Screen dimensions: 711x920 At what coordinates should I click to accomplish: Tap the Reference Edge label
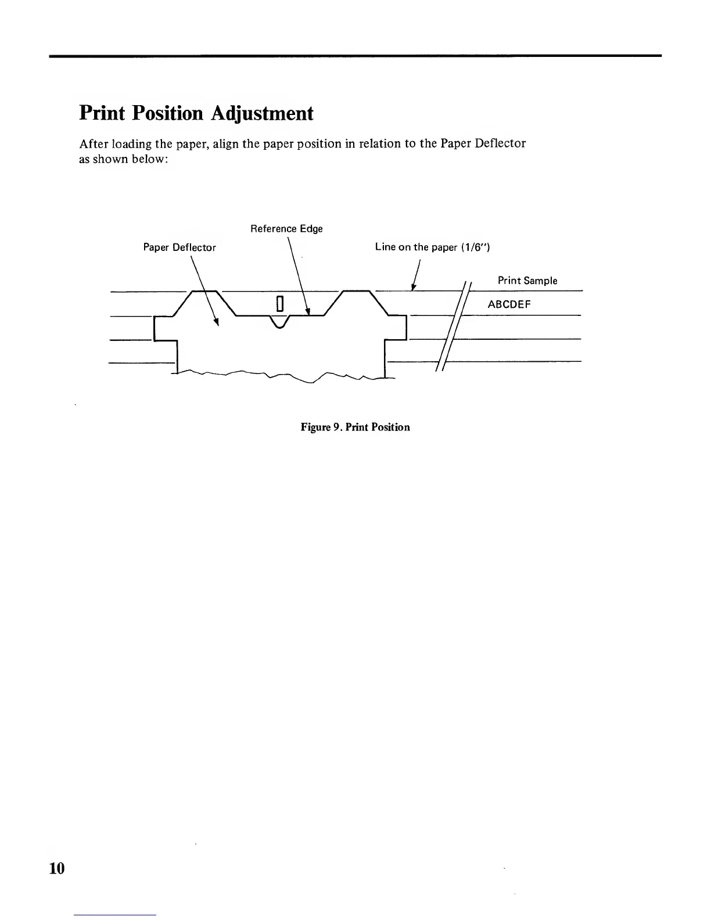pyautogui.click(x=286, y=229)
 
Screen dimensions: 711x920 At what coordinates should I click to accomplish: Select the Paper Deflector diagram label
pyautogui.click(x=179, y=248)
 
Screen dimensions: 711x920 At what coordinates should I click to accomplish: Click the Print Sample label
pyautogui.click(x=527, y=281)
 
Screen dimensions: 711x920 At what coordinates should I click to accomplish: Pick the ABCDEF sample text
pyautogui.click(x=509, y=304)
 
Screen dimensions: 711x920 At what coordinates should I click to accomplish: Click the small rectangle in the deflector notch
pyautogui.click(x=279, y=304)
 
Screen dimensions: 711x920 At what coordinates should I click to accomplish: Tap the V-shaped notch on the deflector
pyautogui.click(x=279, y=323)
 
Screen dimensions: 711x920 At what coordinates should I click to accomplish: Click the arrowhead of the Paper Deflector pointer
pyautogui.click(x=217, y=323)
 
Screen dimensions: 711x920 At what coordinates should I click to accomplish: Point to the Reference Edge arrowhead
pyautogui.click(x=307, y=312)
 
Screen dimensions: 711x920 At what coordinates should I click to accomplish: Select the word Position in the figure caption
pyautogui.click(x=390, y=427)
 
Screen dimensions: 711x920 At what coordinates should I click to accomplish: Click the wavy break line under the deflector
pyautogui.click(x=279, y=376)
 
